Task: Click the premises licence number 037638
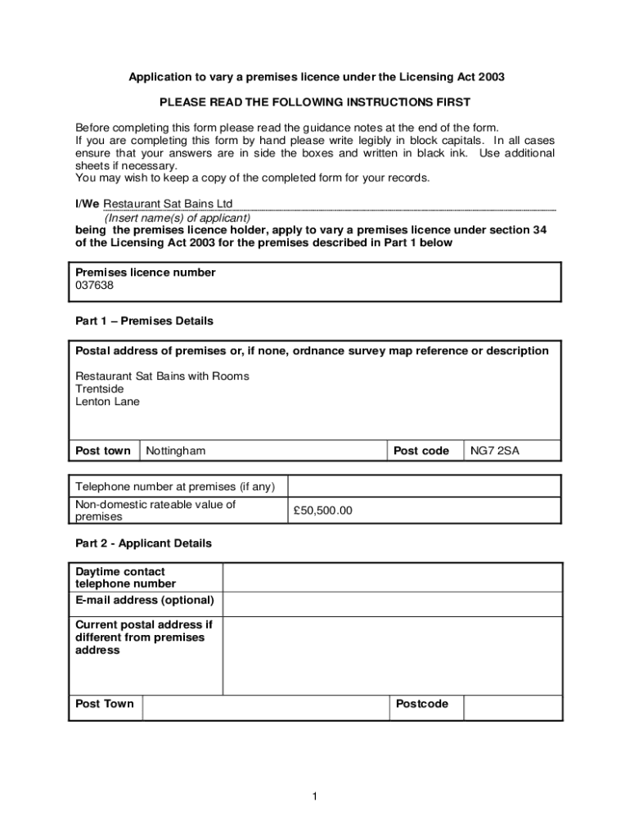pyautogui.click(x=95, y=286)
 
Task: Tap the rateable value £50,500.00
pyautogui.click(x=322, y=511)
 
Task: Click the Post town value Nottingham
pyautogui.click(x=176, y=451)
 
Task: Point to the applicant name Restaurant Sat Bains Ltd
pyautogui.click(x=168, y=203)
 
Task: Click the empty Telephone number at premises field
pyautogui.click(x=424, y=486)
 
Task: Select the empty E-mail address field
pyautogui.click(x=392, y=604)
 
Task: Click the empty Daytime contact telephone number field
pyautogui.click(x=392, y=577)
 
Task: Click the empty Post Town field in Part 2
pyautogui.click(x=265, y=707)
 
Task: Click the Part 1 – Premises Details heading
pyautogui.click(x=144, y=321)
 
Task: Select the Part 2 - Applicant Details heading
pyautogui.click(x=143, y=543)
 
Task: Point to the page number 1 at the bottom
pyautogui.click(x=315, y=797)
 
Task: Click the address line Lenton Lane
pyautogui.click(x=107, y=402)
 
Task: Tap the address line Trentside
pyautogui.click(x=100, y=389)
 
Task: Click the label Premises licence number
pyautogui.click(x=146, y=273)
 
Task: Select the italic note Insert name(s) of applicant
pyautogui.click(x=177, y=218)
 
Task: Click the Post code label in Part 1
pyautogui.click(x=421, y=451)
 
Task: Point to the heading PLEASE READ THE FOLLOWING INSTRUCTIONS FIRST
pyautogui.click(x=315, y=102)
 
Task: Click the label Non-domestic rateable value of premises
pyautogui.click(x=155, y=511)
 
